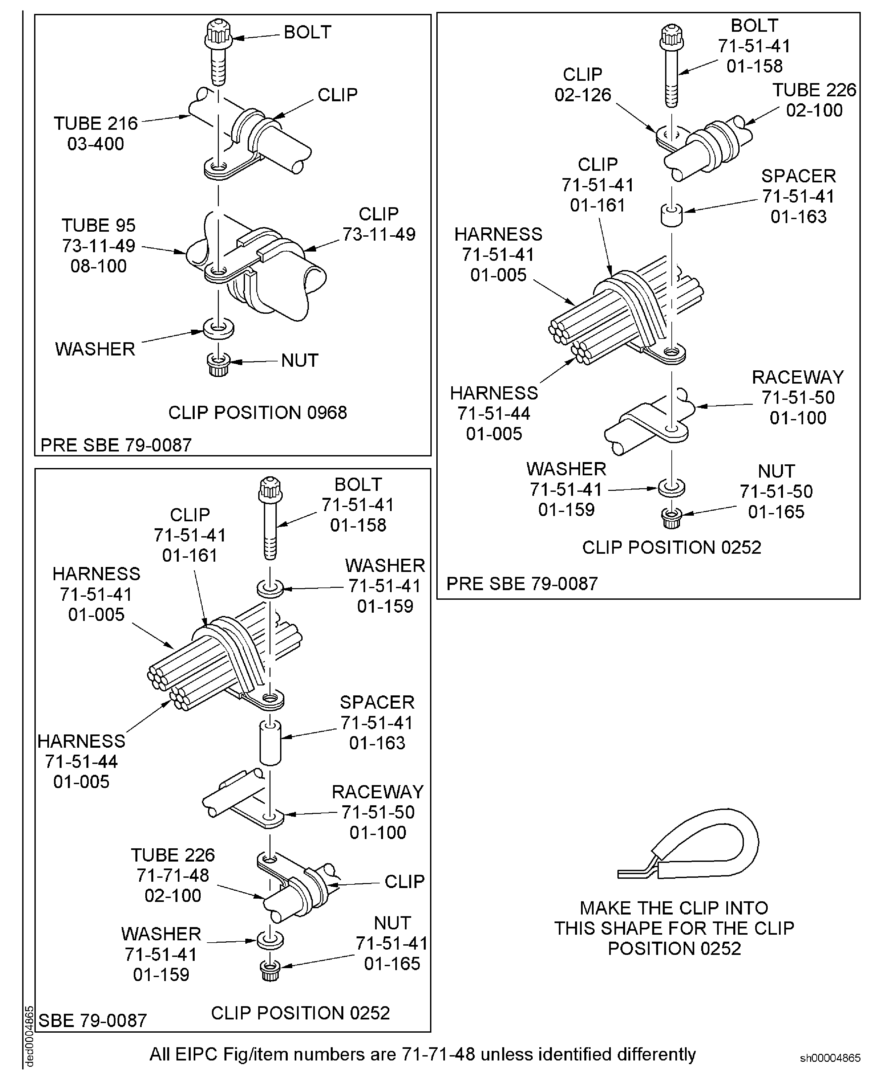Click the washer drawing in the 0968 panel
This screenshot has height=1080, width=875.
pyautogui.click(x=218, y=328)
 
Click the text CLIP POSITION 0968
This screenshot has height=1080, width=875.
pyautogui.click(x=258, y=413)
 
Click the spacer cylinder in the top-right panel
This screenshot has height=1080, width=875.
pyautogui.click(x=671, y=215)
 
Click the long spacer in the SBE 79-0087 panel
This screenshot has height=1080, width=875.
pyautogui.click(x=270, y=743)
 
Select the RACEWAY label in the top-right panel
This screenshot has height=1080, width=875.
pyautogui.click(x=798, y=377)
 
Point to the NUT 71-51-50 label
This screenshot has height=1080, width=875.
pyautogui.click(x=776, y=492)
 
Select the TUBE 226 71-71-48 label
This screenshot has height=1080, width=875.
pyautogui.click(x=173, y=875)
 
